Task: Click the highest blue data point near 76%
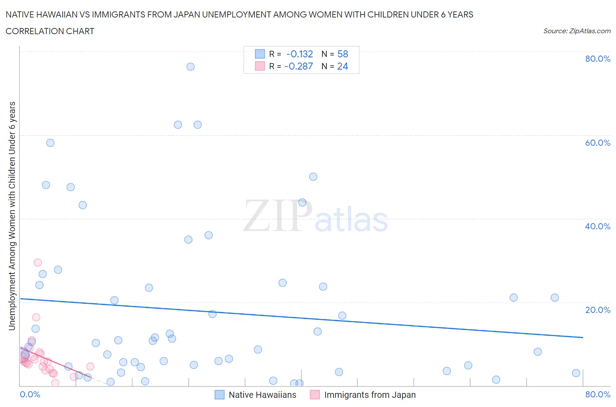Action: click(x=190, y=67)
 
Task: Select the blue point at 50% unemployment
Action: click(x=313, y=177)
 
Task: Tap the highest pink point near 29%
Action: click(x=38, y=263)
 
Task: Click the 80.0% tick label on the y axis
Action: click(x=597, y=59)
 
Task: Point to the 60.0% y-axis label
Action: click(x=597, y=143)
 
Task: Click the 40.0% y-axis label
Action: click(x=597, y=226)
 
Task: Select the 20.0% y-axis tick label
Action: click(x=597, y=310)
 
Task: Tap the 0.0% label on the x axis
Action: click(x=30, y=395)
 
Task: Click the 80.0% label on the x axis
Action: click(x=597, y=395)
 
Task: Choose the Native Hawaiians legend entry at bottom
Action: click(x=262, y=395)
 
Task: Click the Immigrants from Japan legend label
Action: click(x=369, y=395)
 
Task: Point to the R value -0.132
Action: click(x=300, y=54)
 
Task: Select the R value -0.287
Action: click(x=299, y=66)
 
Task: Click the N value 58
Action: click(x=343, y=54)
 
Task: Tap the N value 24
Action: click(x=343, y=66)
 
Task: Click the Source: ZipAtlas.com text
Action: click(x=577, y=31)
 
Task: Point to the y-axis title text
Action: click(x=12, y=216)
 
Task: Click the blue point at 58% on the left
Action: click(x=50, y=143)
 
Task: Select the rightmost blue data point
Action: click(x=576, y=373)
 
